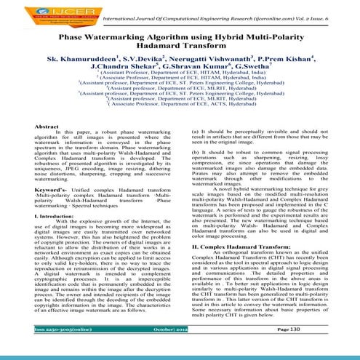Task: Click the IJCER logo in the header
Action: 36,13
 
